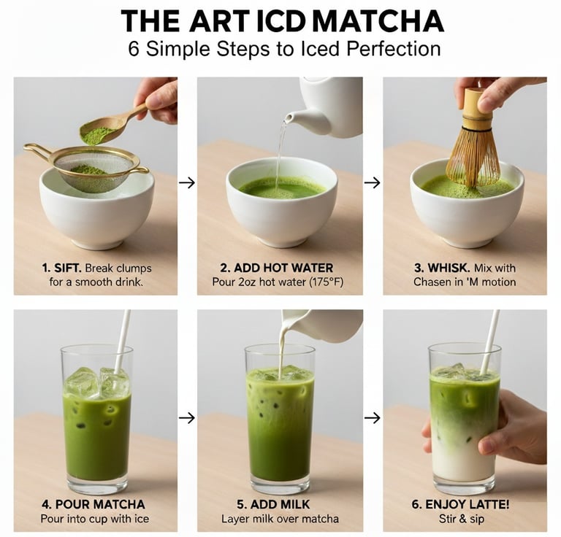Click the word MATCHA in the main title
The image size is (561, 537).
[378, 21]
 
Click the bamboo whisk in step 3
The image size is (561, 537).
[473, 140]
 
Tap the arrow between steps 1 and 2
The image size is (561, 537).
[187, 183]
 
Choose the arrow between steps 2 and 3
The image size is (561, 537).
[372, 183]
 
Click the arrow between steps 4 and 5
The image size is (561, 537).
[187, 417]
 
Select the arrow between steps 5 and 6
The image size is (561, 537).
[372, 417]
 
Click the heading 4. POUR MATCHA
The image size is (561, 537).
[93, 504]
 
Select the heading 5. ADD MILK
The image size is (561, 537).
[273, 504]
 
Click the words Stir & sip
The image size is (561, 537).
[462, 519]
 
